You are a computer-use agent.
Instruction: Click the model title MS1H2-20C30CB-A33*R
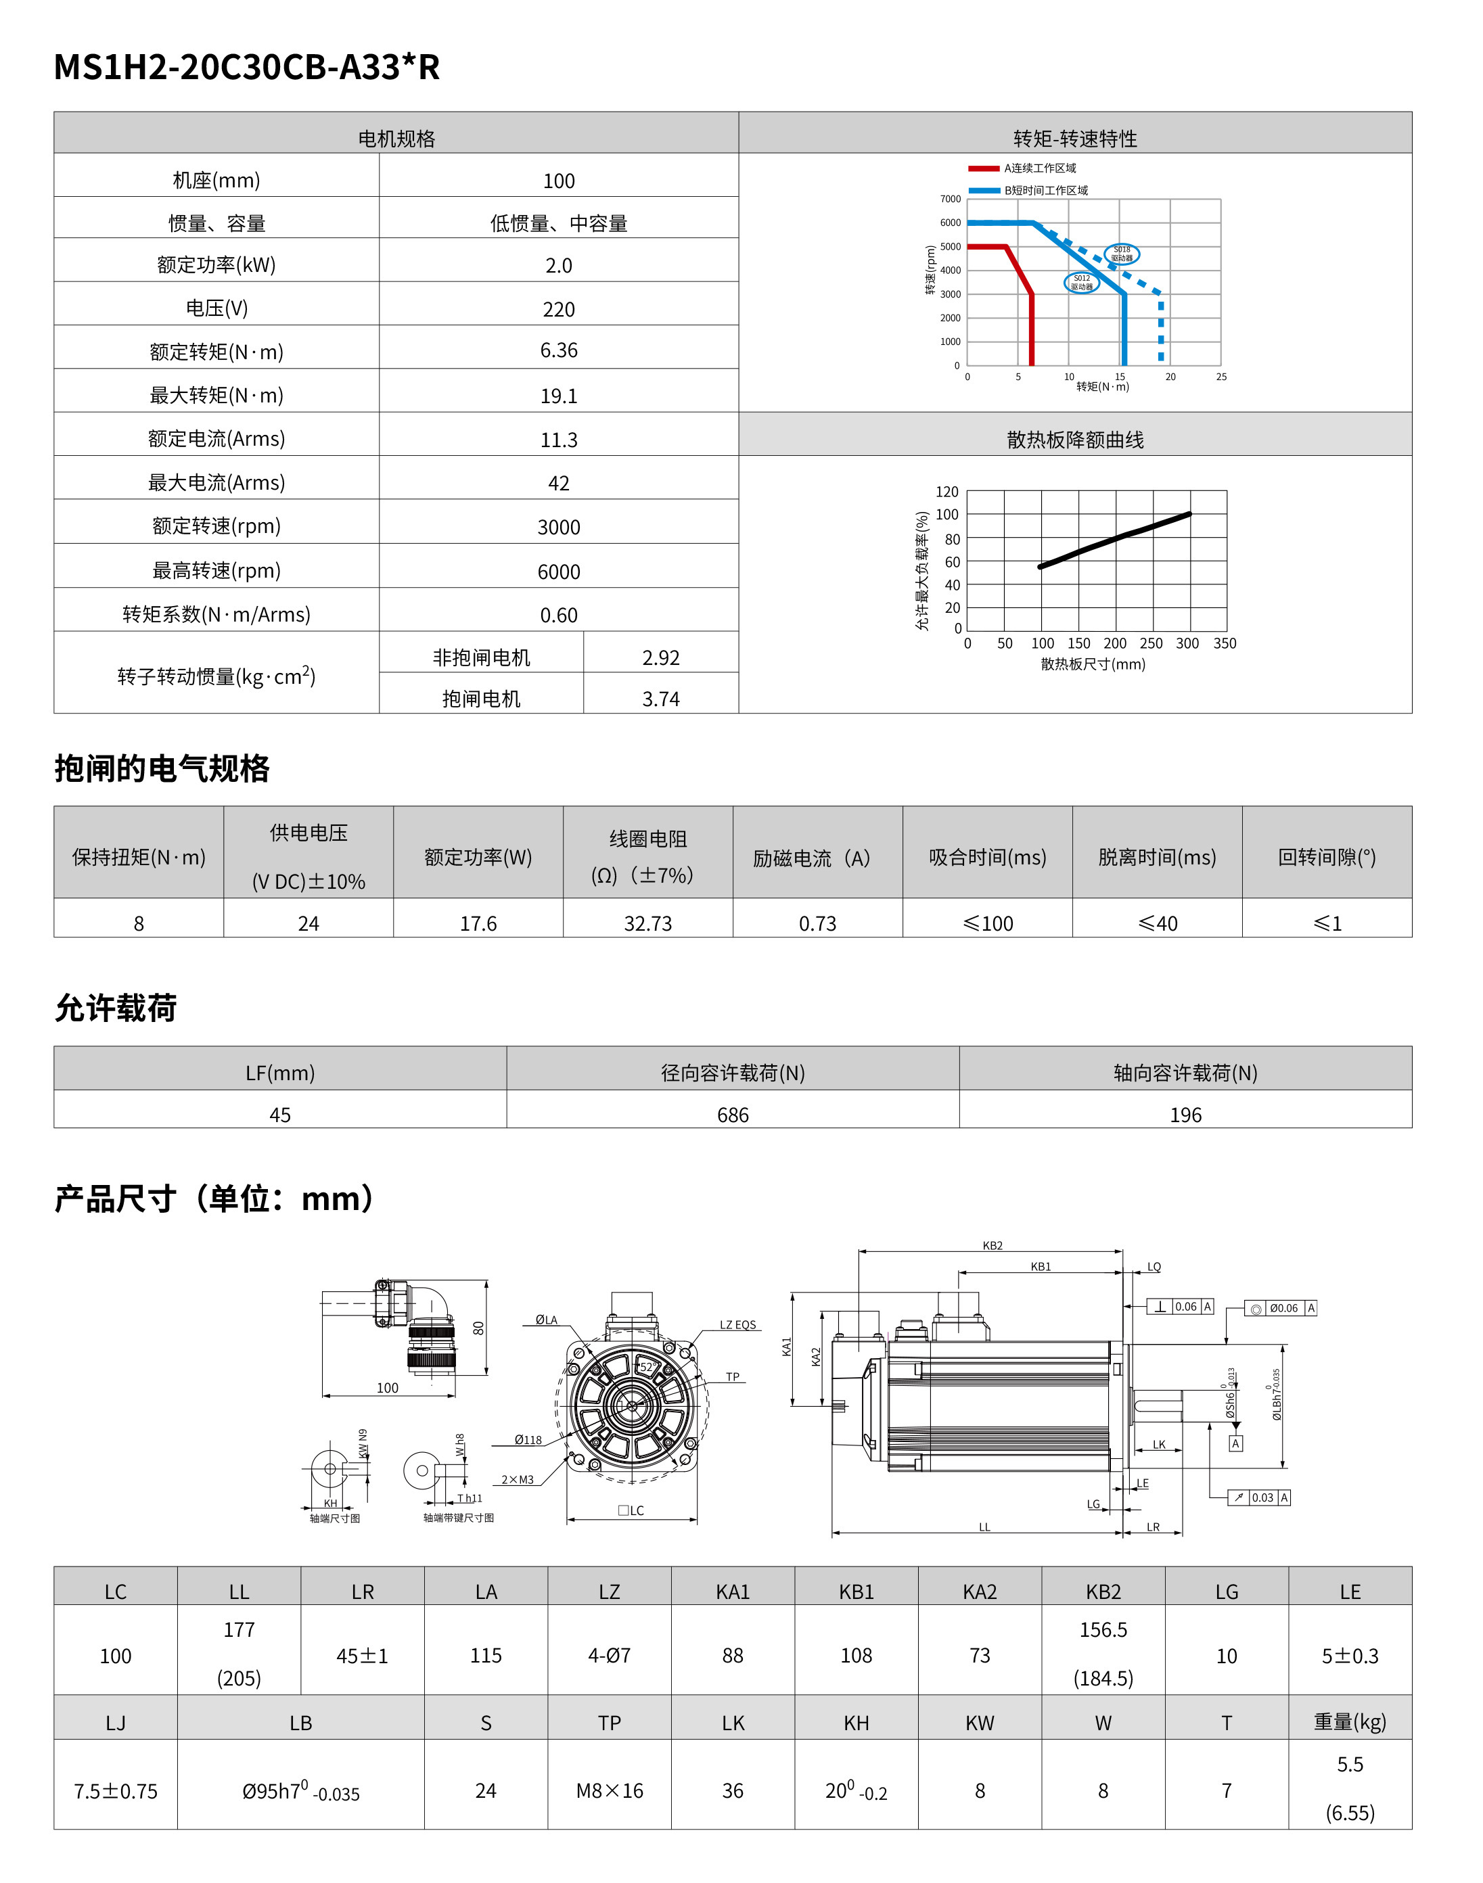pyautogui.click(x=246, y=67)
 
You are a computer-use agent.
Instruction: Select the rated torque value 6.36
pyautogui.click(x=558, y=351)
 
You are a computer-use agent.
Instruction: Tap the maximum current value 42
pyautogui.click(x=558, y=484)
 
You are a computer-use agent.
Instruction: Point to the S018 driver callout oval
pyautogui.click(x=1122, y=254)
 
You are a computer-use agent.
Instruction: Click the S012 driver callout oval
pyautogui.click(x=1081, y=283)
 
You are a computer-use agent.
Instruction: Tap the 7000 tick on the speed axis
pyautogui.click(x=950, y=199)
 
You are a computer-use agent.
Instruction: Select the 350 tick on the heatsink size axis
pyautogui.click(x=1225, y=643)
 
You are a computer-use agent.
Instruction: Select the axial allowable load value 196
pyautogui.click(x=1185, y=1115)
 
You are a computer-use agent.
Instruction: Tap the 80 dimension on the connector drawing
pyautogui.click(x=478, y=1328)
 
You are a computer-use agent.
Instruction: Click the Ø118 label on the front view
pyautogui.click(x=528, y=1439)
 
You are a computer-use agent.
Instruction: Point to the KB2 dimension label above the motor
pyautogui.click(x=993, y=1246)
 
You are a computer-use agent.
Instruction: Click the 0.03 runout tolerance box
pyautogui.click(x=1262, y=1497)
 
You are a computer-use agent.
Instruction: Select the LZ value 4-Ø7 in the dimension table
pyautogui.click(x=609, y=1656)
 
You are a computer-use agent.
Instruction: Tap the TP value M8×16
pyautogui.click(x=609, y=1791)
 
